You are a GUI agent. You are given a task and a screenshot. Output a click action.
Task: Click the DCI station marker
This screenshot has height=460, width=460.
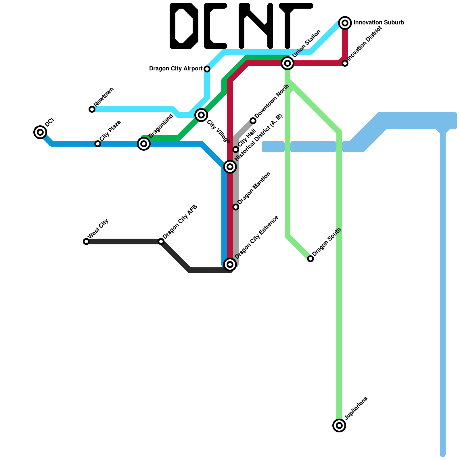pyautogui.click(x=40, y=132)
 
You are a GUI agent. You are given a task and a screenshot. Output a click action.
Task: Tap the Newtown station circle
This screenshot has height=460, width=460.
pyautogui.click(x=92, y=109)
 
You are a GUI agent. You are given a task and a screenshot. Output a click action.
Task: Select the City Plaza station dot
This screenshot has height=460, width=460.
pyautogui.click(x=98, y=144)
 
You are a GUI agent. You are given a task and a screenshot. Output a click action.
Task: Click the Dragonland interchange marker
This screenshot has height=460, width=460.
pyautogui.click(x=144, y=144)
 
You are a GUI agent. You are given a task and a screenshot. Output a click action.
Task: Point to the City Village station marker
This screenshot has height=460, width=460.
pyautogui.click(x=201, y=115)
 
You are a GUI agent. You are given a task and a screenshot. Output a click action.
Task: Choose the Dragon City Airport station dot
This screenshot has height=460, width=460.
pyautogui.click(x=207, y=69)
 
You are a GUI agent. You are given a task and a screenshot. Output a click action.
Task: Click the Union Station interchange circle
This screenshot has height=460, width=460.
pyautogui.click(x=287, y=63)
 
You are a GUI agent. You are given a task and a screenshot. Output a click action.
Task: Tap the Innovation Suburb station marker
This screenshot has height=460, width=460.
pyautogui.click(x=345, y=23)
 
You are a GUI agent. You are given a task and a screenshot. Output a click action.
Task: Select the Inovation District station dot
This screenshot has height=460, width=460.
pyautogui.click(x=345, y=63)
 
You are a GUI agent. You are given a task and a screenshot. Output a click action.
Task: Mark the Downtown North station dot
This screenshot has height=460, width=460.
pyautogui.click(x=253, y=121)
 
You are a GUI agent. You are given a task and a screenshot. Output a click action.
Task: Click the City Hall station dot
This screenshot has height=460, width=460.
pyautogui.click(x=236, y=149)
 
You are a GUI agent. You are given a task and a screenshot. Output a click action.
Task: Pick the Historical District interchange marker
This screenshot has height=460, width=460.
pyautogui.click(x=230, y=167)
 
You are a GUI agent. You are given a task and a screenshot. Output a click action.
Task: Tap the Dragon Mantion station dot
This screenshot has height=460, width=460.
pyautogui.click(x=236, y=207)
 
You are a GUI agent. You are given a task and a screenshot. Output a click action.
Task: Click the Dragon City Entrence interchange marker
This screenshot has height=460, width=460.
pyautogui.click(x=230, y=264)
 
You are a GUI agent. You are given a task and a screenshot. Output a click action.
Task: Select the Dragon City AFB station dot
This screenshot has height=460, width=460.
pyautogui.click(x=161, y=241)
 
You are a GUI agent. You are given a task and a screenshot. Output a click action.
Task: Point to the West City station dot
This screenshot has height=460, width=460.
pyautogui.click(x=86, y=241)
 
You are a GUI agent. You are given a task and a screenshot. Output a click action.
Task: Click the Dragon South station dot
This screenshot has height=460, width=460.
pyautogui.click(x=310, y=259)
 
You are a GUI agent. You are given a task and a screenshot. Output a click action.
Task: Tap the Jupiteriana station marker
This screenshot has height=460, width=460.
pyautogui.click(x=339, y=425)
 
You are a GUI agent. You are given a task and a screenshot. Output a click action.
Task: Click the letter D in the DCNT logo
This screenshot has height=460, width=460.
pyautogui.click(x=184, y=26)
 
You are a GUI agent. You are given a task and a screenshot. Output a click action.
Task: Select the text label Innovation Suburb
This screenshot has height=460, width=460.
pyautogui.click(x=379, y=23)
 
